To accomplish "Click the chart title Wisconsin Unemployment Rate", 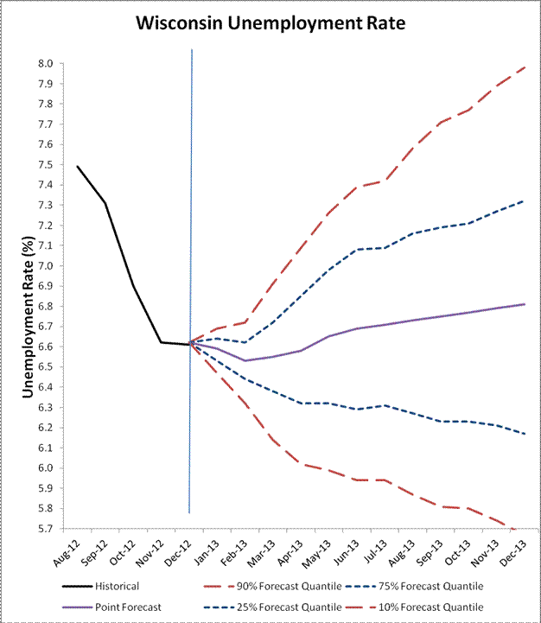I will tap(270, 24).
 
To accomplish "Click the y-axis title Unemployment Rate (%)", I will tap(29, 296).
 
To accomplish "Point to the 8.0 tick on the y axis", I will tap(43, 64).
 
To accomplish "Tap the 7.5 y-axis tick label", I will tap(43, 165).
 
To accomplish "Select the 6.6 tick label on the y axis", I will tap(43, 346).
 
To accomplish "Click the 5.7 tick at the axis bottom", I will tap(43, 529).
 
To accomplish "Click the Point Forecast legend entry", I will tap(121, 608).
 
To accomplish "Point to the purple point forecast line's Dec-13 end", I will tap(525, 304).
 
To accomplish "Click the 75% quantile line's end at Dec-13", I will tap(525, 200).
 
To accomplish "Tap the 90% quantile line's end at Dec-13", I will tap(525, 67).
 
